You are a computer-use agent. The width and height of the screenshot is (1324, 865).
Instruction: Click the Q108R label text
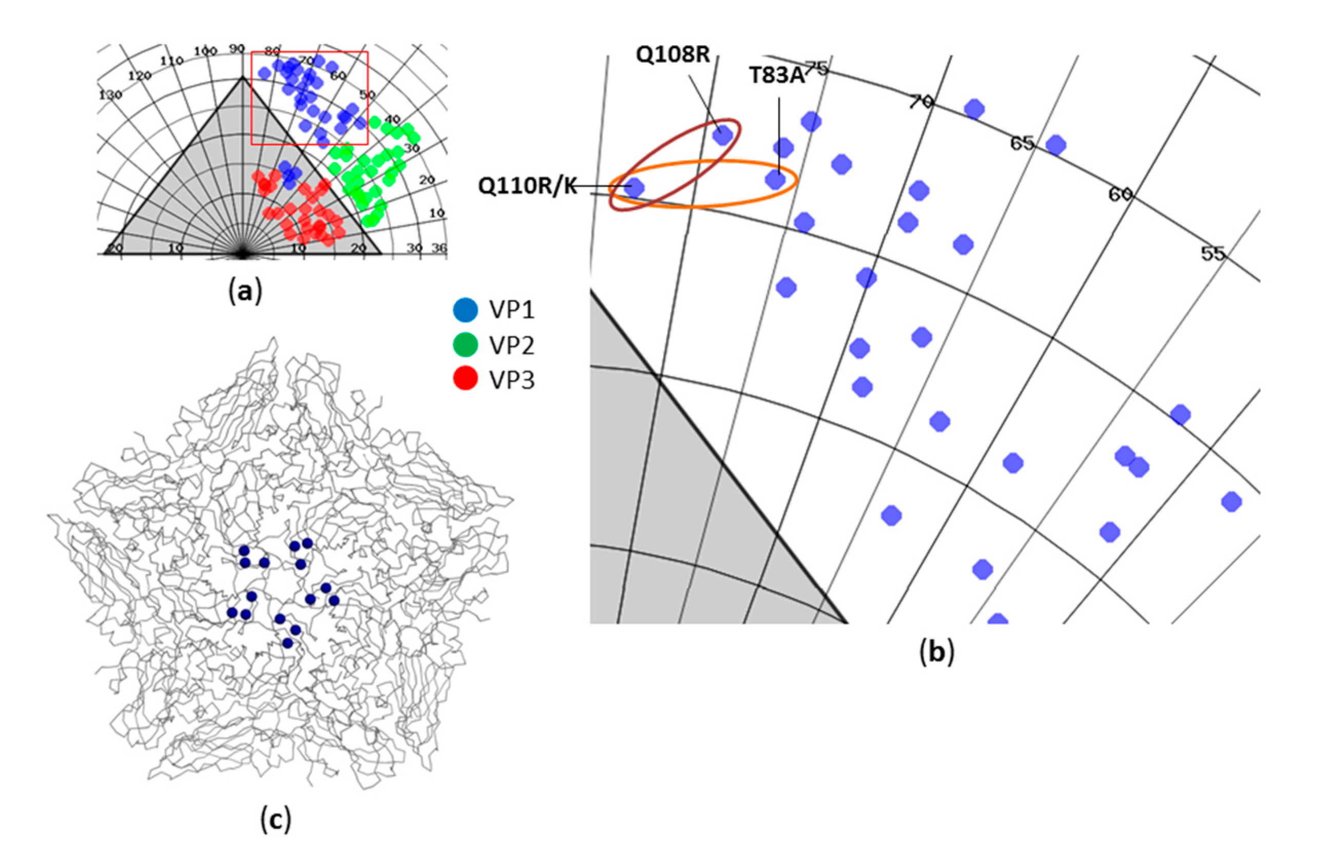point(673,55)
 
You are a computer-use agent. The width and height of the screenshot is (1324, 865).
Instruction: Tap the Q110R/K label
point(528,186)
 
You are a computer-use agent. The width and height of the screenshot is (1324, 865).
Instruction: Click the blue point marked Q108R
point(722,134)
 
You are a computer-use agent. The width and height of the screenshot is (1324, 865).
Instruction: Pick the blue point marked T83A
point(775,180)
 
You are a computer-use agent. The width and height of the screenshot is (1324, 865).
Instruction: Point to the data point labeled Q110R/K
point(634,187)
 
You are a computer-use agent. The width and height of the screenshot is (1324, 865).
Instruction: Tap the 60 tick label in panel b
point(1120,194)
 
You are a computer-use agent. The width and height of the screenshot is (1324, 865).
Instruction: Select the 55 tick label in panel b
point(1213,254)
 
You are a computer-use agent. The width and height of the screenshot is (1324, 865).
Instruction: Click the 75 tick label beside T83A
point(817,69)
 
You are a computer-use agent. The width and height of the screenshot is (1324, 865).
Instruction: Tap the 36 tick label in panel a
point(439,248)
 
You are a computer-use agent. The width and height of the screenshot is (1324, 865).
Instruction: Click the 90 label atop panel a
point(237,49)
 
